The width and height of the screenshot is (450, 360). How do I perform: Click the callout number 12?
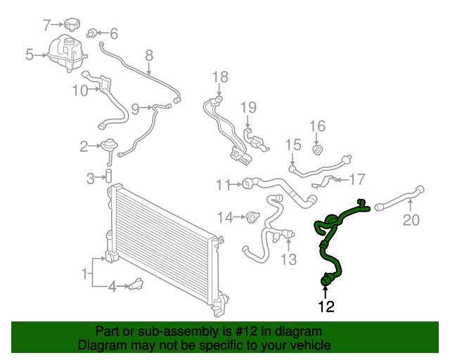point(326,306)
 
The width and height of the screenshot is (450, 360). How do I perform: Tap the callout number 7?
point(47,25)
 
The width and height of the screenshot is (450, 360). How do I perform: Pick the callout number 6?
point(114,33)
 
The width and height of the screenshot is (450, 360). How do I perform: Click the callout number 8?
point(149,55)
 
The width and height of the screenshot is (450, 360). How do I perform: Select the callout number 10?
point(79,89)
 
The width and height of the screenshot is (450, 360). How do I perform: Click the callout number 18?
point(220,76)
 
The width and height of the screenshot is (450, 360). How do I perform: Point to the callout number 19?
point(249,107)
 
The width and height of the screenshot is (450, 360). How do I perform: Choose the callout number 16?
point(318,126)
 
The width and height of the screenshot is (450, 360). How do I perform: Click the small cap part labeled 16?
point(317,150)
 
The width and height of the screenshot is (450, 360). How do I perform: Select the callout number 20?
point(411,221)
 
